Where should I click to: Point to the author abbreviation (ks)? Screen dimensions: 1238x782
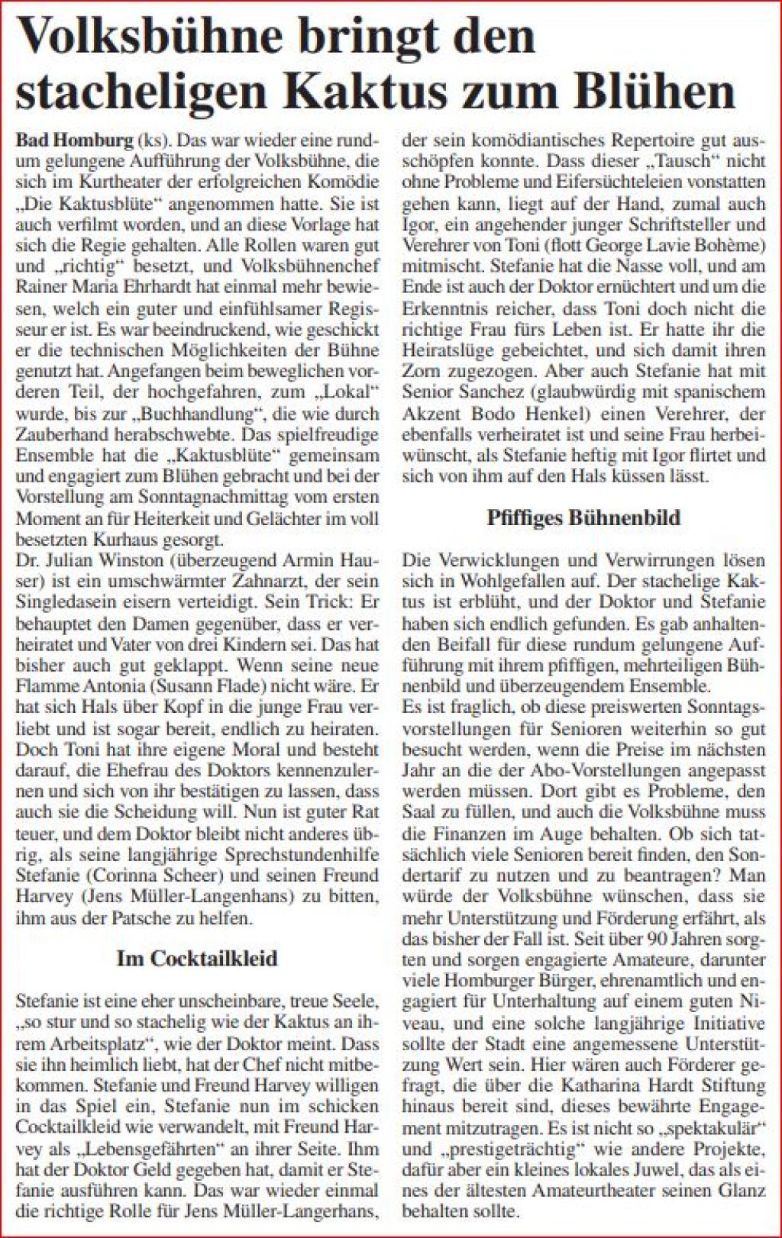151,141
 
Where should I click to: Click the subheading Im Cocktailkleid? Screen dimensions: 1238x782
196,958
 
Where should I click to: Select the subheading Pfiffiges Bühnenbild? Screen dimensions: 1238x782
583,517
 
